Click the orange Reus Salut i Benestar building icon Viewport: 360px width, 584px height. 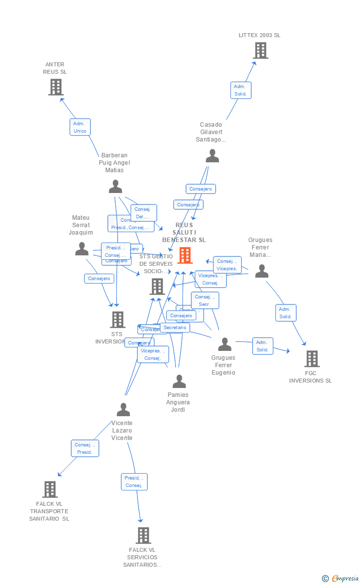[185, 255]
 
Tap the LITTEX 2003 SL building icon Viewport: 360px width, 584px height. [260, 50]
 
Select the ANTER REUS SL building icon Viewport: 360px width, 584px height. [56, 87]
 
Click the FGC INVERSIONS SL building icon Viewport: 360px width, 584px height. [312, 358]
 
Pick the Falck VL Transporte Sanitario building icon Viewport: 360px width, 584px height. [50, 489]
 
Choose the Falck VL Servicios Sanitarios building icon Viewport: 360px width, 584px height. [143, 535]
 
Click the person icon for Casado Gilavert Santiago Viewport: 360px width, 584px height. [212, 156]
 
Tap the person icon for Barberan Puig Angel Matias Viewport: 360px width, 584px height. [115, 187]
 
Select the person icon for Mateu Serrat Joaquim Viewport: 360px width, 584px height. [82, 249]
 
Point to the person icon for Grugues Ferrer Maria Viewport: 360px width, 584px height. [262, 271]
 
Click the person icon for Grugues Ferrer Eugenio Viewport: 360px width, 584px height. [225, 344]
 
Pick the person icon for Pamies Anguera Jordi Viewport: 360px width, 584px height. [179, 381]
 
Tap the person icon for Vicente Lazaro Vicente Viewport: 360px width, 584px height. [123, 410]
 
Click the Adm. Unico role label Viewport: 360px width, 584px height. [80, 127]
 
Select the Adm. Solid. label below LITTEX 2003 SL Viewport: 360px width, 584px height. [241, 90]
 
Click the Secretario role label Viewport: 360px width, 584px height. [175, 328]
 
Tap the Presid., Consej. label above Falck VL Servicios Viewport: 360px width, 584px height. [134, 482]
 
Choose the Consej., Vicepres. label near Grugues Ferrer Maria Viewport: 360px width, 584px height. [227, 265]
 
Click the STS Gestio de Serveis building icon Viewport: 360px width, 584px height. [157, 286]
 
